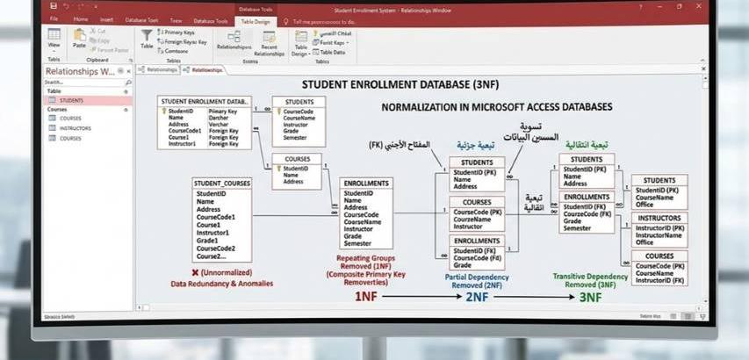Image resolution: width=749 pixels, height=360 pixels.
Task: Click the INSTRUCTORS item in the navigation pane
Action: (x=75, y=128)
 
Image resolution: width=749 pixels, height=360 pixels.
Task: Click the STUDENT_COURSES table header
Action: (x=222, y=183)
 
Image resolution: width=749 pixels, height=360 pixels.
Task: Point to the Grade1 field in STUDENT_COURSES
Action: (x=207, y=240)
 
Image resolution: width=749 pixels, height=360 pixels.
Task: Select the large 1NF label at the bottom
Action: (x=366, y=297)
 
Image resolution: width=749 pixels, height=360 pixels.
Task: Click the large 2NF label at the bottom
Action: (x=477, y=297)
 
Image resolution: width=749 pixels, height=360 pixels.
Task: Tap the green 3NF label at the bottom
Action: (x=589, y=297)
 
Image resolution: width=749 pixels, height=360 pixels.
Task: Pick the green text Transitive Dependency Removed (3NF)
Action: (x=589, y=280)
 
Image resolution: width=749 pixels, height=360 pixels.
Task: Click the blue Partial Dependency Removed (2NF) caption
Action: (x=477, y=281)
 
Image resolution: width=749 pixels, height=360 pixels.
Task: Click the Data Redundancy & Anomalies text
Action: (x=221, y=283)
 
